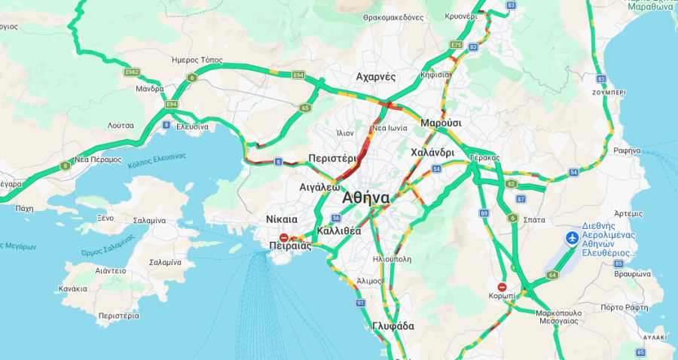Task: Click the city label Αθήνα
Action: pos(365,198)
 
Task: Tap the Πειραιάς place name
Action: pos(290,246)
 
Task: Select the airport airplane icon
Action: pos(572,239)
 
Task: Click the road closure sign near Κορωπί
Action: pos(502,287)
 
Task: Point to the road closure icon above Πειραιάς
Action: pos(283,236)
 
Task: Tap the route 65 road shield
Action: pos(304,108)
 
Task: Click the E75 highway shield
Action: pos(456,45)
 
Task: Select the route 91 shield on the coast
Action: pos(360,303)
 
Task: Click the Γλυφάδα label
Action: pos(393,326)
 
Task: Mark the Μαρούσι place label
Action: pos(441,122)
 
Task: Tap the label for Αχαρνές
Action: pos(376,77)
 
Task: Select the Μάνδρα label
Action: pos(149,88)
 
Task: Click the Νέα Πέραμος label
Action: pos(98,160)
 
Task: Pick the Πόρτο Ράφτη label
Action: pos(625,307)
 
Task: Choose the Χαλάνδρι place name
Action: pos(432,152)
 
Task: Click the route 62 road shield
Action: pos(512,183)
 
